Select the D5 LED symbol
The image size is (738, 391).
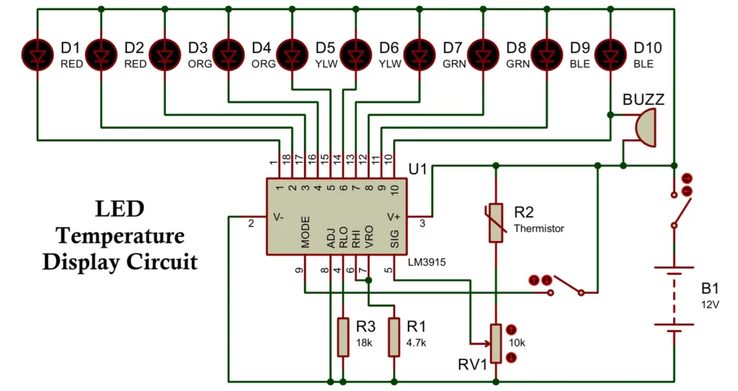tap(292, 53)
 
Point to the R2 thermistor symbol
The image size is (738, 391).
tap(494, 222)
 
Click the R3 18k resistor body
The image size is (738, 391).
tap(342, 336)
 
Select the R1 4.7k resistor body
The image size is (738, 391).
tap(394, 336)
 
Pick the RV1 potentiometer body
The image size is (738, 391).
tap(495, 343)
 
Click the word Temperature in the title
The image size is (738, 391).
tap(120, 235)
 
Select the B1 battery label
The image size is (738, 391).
tap(711, 289)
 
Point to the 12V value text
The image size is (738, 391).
tap(710, 304)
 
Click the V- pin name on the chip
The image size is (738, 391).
tap(277, 216)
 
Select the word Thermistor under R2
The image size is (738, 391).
tap(538, 229)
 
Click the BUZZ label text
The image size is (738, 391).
tap(644, 99)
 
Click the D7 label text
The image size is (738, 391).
tap(452, 48)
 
